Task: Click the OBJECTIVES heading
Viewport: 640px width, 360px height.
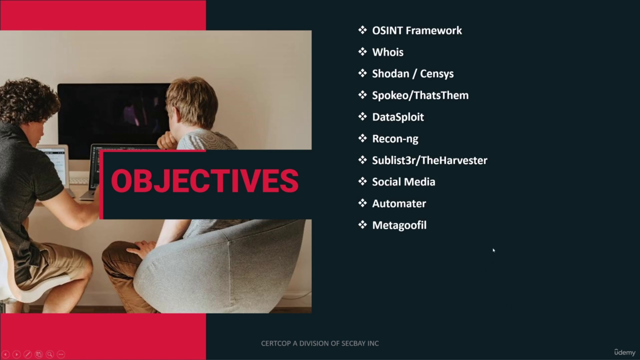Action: (x=205, y=181)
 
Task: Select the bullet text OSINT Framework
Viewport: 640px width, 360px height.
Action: (x=417, y=30)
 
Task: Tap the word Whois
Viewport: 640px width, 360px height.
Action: (x=387, y=52)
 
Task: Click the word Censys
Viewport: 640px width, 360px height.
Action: (x=436, y=74)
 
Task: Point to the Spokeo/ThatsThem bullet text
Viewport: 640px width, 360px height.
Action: (x=420, y=95)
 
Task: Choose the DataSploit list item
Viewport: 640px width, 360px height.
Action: (x=398, y=117)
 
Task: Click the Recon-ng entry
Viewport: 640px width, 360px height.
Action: (x=395, y=139)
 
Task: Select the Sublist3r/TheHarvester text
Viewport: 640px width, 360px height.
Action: (x=429, y=160)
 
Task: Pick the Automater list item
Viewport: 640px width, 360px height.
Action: (x=399, y=203)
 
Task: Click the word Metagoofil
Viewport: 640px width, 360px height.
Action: (x=399, y=225)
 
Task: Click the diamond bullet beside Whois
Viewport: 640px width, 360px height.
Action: (x=362, y=51)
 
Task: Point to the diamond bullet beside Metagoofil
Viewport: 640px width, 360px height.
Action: (x=362, y=224)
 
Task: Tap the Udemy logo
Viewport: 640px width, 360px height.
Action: (x=624, y=352)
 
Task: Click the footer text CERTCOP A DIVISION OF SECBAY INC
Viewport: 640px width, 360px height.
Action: (x=320, y=343)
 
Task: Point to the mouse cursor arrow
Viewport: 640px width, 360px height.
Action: (x=493, y=250)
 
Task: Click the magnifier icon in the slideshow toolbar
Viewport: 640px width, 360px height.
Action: (x=49, y=354)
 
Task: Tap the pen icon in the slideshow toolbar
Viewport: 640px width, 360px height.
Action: (x=27, y=354)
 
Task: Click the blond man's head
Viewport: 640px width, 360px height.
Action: (x=192, y=102)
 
